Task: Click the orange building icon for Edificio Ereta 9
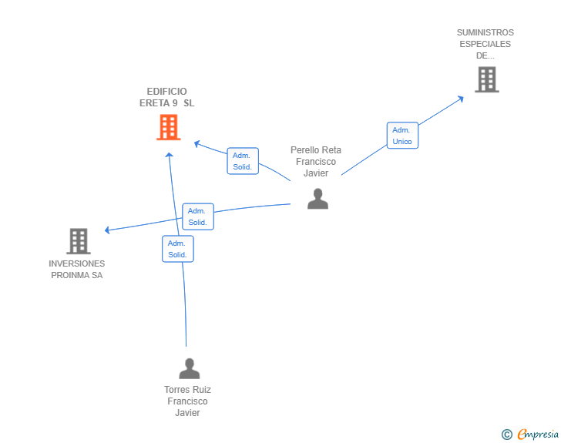coord(168,127)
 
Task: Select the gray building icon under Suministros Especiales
coord(486,79)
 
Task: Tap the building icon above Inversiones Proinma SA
coord(78,241)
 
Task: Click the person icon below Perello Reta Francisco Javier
coord(317,199)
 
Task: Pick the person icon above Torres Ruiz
coord(189,368)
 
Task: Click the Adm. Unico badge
coord(402,136)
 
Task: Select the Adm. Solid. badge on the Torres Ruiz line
coord(177,249)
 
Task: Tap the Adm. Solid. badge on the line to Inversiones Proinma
coord(197,216)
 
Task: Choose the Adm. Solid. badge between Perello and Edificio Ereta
coord(242,161)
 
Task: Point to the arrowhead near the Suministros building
coord(461,98)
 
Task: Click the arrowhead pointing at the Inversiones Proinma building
coord(108,230)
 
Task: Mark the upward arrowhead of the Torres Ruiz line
coord(170,154)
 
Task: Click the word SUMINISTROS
coord(485,32)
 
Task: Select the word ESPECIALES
coord(485,44)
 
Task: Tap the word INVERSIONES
coord(76,263)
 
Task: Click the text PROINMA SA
coord(76,275)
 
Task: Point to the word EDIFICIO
coord(166,91)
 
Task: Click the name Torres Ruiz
coord(187,390)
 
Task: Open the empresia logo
coord(538,435)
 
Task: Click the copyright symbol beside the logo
coord(507,435)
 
